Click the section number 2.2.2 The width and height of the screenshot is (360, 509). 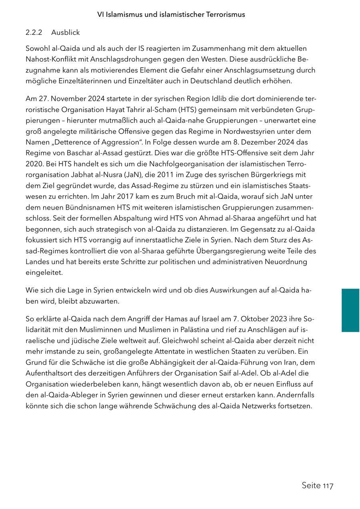pyautogui.click(x=34, y=32)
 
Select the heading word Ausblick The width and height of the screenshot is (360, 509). pyautogui.click(x=66, y=32)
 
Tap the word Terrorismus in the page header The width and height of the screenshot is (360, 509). pyautogui.click(x=226, y=14)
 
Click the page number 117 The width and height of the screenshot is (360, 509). pyautogui.click(x=328, y=486)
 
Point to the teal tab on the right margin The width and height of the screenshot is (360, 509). pyautogui.click(x=350, y=310)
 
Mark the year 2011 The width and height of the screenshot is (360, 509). pyautogui.click(x=166, y=174)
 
